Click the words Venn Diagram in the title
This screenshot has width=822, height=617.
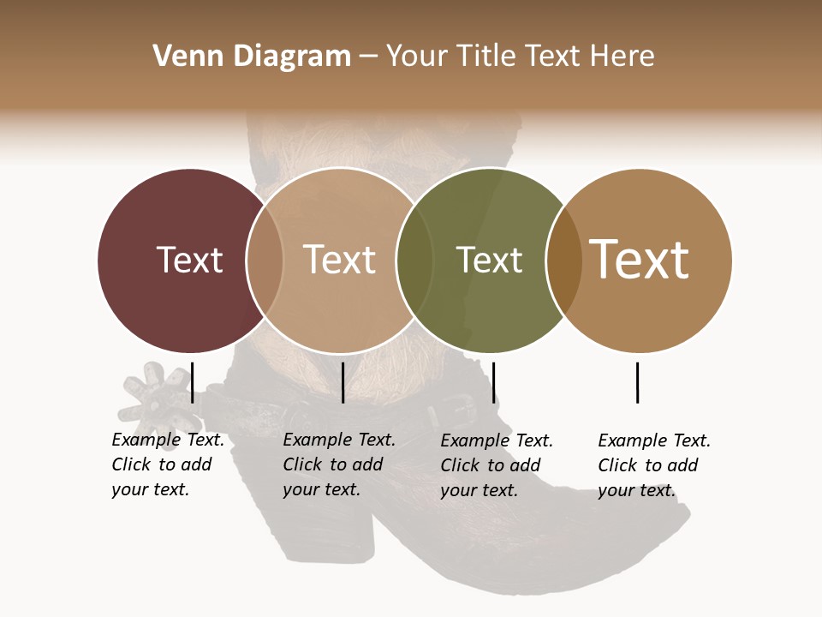click(252, 57)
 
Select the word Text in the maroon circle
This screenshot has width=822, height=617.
click(189, 260)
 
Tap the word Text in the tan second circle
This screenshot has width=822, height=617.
click(339, 260)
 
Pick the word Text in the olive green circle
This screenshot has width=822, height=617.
click(489, 260)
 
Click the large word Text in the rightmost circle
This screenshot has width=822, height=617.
click(640, 259)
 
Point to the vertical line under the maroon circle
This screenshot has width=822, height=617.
click(192, 382)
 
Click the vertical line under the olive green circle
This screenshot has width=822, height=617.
click(493, 382)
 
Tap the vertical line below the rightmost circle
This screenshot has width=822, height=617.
click(637, 382)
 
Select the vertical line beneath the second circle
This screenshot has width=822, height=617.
click(342, 382)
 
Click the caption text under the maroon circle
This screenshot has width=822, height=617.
click(168, 464)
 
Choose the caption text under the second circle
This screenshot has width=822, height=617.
click(339, 464)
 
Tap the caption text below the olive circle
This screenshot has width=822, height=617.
click(497, 465)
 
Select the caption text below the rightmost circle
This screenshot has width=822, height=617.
click(654, 465)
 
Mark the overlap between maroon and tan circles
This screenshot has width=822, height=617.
click(265, 260)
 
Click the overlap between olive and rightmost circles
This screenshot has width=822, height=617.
click(563, 260)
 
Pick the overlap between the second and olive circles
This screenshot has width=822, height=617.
click(414, 260)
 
